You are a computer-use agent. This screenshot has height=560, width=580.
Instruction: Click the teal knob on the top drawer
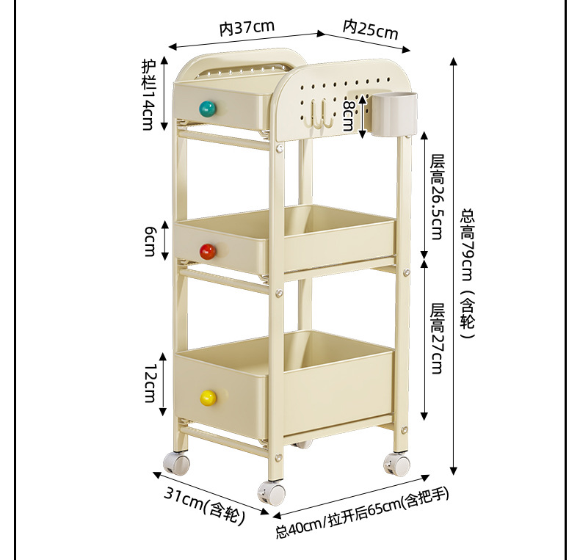208,109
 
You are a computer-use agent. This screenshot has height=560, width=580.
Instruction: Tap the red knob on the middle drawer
208,252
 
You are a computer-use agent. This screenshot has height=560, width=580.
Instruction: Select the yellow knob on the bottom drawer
208,398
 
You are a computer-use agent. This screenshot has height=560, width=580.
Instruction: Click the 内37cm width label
247,28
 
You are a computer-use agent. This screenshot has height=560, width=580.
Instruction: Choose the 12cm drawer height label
149,382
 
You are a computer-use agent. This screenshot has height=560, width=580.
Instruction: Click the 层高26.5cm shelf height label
438,197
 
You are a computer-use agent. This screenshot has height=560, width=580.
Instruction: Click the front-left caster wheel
176,463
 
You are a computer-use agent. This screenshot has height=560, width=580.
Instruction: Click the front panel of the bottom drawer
220,389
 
